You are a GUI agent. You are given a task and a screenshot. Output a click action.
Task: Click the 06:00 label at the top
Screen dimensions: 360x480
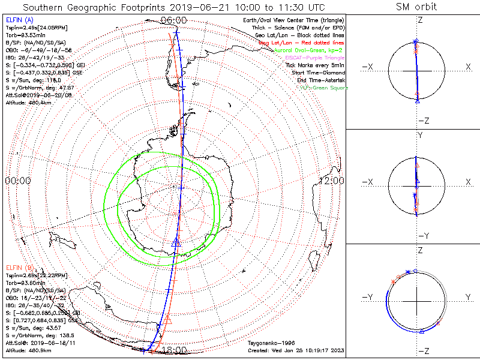pos(174,20)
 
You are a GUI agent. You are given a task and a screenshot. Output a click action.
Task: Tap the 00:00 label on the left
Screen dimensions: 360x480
pos(18,180)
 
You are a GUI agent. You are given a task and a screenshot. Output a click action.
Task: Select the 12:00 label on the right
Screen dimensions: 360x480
pos(331,180)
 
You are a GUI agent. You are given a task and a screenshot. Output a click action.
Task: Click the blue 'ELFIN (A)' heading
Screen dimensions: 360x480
pos(19,20)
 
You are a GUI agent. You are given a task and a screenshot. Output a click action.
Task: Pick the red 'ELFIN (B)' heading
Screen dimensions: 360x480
pos(19,267)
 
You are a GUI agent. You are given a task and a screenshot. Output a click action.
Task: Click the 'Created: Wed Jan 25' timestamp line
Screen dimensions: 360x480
pos(295,350)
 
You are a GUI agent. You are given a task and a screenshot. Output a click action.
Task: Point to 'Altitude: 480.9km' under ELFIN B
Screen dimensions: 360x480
pos(28,350)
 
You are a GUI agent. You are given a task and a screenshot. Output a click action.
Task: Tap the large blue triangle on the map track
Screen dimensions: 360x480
pos(176,242)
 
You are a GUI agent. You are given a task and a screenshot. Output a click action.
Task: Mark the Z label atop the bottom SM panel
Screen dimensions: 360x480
pos(419,250)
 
